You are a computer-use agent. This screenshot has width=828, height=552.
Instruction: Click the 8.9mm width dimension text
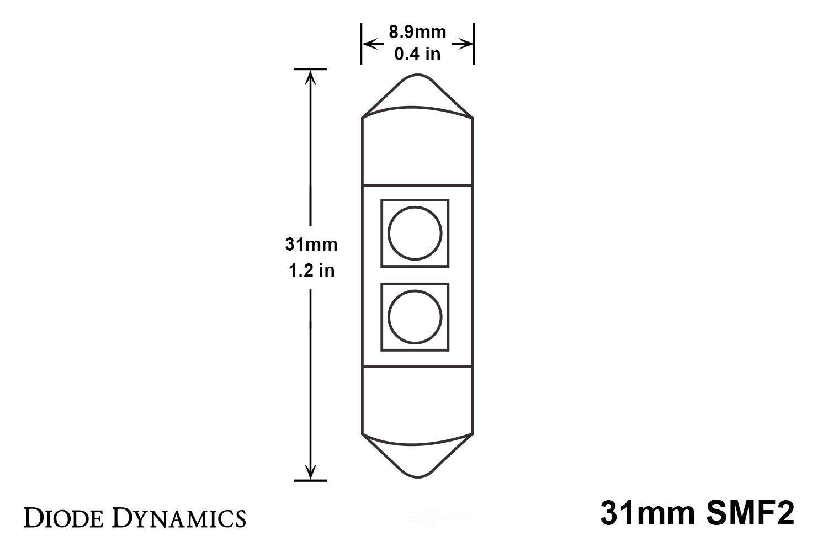pyautogui.click(x=417, y=32)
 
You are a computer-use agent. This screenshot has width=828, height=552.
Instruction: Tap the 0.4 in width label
pyautogui.click(x=417, y=54)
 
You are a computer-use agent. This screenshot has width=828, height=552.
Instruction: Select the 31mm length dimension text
pyautogui.click(x=311, y=244)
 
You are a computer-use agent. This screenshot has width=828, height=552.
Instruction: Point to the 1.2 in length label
pyautogui.click(x=311, y=270)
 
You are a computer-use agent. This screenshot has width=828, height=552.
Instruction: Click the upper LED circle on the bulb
pyautogui.click(x=415, y=233)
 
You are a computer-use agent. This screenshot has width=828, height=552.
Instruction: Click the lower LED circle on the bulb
pyautogui.click(x=415, y=317)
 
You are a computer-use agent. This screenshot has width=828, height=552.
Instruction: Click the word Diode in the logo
pyautogui.click(x=60, y=518)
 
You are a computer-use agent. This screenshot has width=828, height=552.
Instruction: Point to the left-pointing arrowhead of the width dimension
pyautogui.click(x=368, y=43)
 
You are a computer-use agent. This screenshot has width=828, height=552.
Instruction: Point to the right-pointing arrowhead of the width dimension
pyautogui.click(x=467, y=43)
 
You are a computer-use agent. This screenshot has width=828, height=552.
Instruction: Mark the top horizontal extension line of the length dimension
pyautogui.click(x=311, y=69)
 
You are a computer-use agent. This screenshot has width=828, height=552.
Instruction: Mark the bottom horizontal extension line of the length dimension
pyautogui.click(x=311, y=481)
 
